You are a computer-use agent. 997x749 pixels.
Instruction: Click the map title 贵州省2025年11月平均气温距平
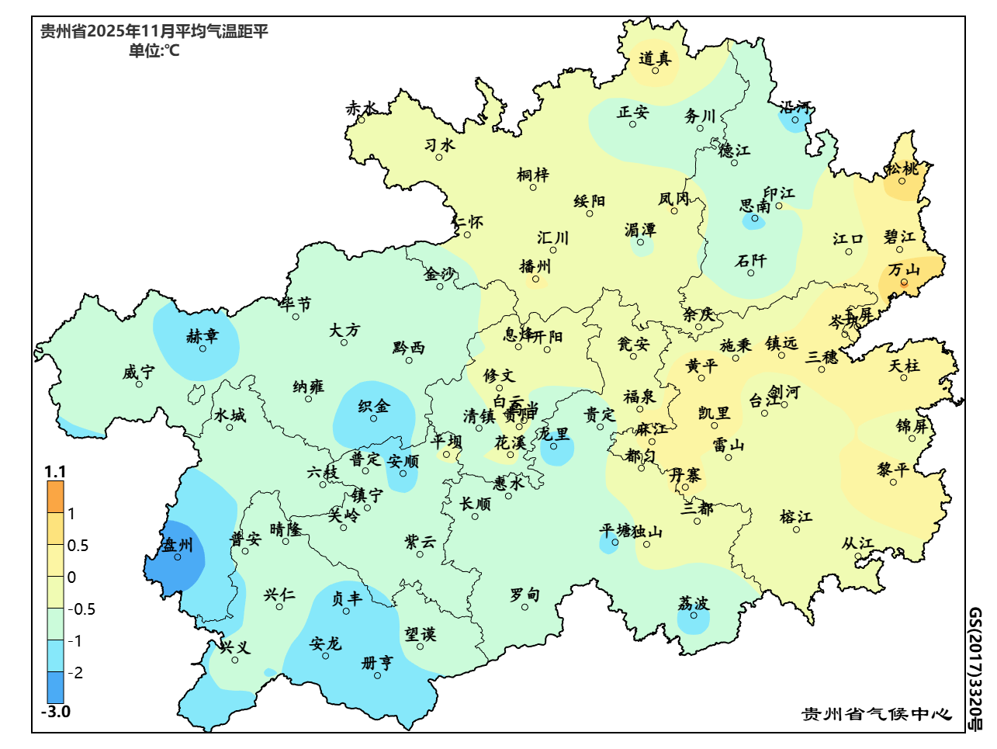pos(154,32)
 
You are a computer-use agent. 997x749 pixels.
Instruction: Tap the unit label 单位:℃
pos(154,51)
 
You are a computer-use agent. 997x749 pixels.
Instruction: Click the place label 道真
pos(655,58)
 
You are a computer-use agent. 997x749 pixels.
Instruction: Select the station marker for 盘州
pos(178,557)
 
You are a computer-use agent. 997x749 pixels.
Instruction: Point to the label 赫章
pos(203,336)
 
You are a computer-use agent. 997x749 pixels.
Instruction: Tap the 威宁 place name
pos(138,373)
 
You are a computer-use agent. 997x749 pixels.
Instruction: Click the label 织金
pos(374,406)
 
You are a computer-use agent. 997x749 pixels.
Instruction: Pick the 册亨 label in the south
pos(378,663)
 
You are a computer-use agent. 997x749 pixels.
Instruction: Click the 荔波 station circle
pos(694,615)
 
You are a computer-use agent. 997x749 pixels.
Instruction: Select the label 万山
pos(904,270)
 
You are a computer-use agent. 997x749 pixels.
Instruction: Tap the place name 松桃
pos(902,168)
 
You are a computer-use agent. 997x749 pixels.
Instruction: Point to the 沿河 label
pos(795,108)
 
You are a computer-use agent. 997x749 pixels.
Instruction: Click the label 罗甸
pos(524,595)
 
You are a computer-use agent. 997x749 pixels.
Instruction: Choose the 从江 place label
pos(858,543)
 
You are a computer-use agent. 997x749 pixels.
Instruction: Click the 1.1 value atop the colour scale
pos(55,472)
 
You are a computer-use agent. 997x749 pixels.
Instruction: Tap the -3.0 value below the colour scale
pos(56,712)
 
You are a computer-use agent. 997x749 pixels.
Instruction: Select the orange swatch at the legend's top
pos(55,497)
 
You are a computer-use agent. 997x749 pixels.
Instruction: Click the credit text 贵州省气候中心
pos(877,714)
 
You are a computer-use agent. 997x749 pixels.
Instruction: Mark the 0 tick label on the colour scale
pos(72,577)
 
